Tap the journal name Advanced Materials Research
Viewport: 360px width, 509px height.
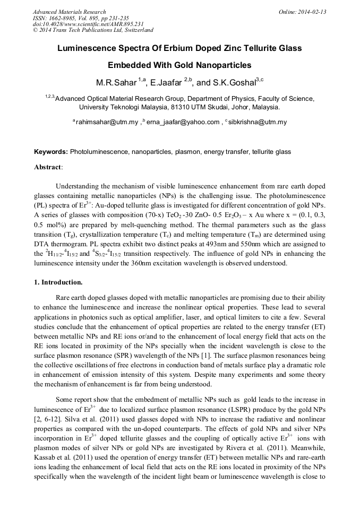click(69, 12)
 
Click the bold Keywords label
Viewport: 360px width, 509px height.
click(51, 152)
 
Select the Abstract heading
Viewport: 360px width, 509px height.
click(48, 167)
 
